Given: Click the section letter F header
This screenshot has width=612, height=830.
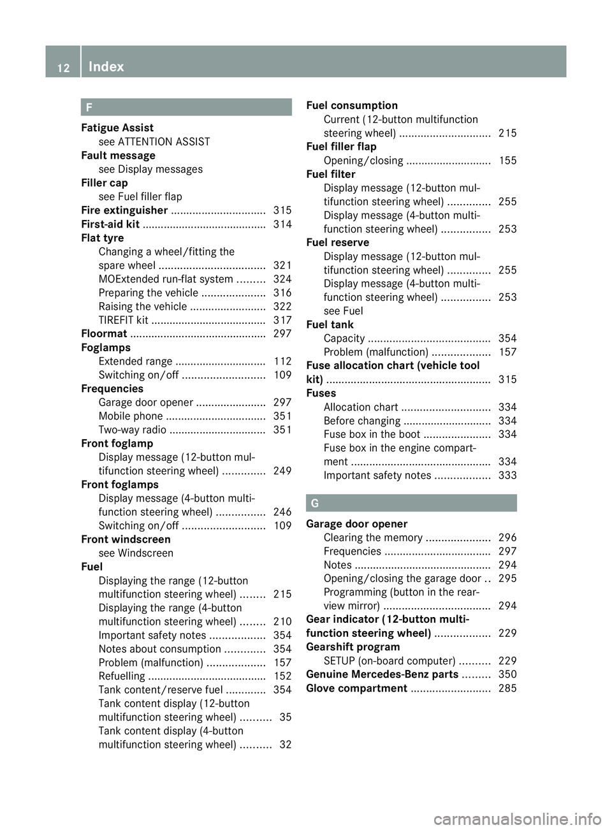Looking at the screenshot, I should tap(89, 107).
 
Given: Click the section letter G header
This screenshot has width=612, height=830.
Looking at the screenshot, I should tap(314, 504).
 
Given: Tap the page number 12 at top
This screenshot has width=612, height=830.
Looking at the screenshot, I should tap(63, 68).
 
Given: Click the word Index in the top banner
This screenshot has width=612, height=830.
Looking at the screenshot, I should tap(106, 66).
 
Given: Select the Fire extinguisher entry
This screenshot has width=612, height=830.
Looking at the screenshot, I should tap(124, 210).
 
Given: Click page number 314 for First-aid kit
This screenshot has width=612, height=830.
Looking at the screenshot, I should tap(282, 224).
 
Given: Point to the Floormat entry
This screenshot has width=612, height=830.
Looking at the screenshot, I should tap(104, 334).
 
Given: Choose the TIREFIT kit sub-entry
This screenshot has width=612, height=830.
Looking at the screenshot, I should tap(124, 320).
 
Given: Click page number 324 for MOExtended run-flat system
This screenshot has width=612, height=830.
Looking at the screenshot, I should tap(282, 279).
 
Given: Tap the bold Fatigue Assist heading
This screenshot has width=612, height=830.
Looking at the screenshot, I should tap(117, 128).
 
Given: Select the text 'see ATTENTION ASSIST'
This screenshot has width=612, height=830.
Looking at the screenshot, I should tap(154, 142).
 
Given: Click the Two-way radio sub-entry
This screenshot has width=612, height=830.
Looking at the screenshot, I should tap(133, 430).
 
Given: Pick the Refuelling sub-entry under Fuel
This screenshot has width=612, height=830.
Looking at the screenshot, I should tap(122, 676).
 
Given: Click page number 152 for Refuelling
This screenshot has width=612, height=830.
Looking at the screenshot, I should tap(282, 676).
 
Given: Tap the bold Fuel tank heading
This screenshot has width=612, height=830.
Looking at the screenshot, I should tap(330, 324).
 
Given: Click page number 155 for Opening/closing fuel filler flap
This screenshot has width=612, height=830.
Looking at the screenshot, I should tap(507, 161).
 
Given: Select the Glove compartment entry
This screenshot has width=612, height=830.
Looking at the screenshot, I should tap(356, 688).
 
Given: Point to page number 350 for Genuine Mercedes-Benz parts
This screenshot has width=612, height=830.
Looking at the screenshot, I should tap(507, 674).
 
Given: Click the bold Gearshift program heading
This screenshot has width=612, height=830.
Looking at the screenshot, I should tap(353, 647).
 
